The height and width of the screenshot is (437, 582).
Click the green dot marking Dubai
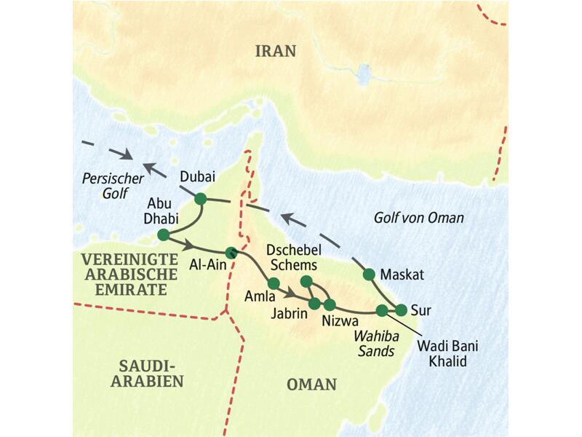tap(200, 198)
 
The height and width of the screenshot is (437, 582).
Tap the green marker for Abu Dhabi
tap(163, 235)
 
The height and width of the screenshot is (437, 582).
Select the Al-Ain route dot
tap(231, 253)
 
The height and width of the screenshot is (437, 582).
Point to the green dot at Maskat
tap(369, 274)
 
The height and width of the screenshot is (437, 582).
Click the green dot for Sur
tap(401, 310)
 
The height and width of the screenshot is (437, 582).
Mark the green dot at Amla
tap(274, 283)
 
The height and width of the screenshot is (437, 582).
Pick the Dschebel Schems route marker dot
tap(306, 281)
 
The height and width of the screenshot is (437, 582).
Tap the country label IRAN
tap(276, 51)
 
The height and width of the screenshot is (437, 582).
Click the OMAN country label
tap(312, 384)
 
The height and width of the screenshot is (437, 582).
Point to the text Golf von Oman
tap(418, 218)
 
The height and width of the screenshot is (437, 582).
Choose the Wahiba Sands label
tap(374, 343)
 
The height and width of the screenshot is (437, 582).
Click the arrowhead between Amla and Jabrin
tap(292, 294)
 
